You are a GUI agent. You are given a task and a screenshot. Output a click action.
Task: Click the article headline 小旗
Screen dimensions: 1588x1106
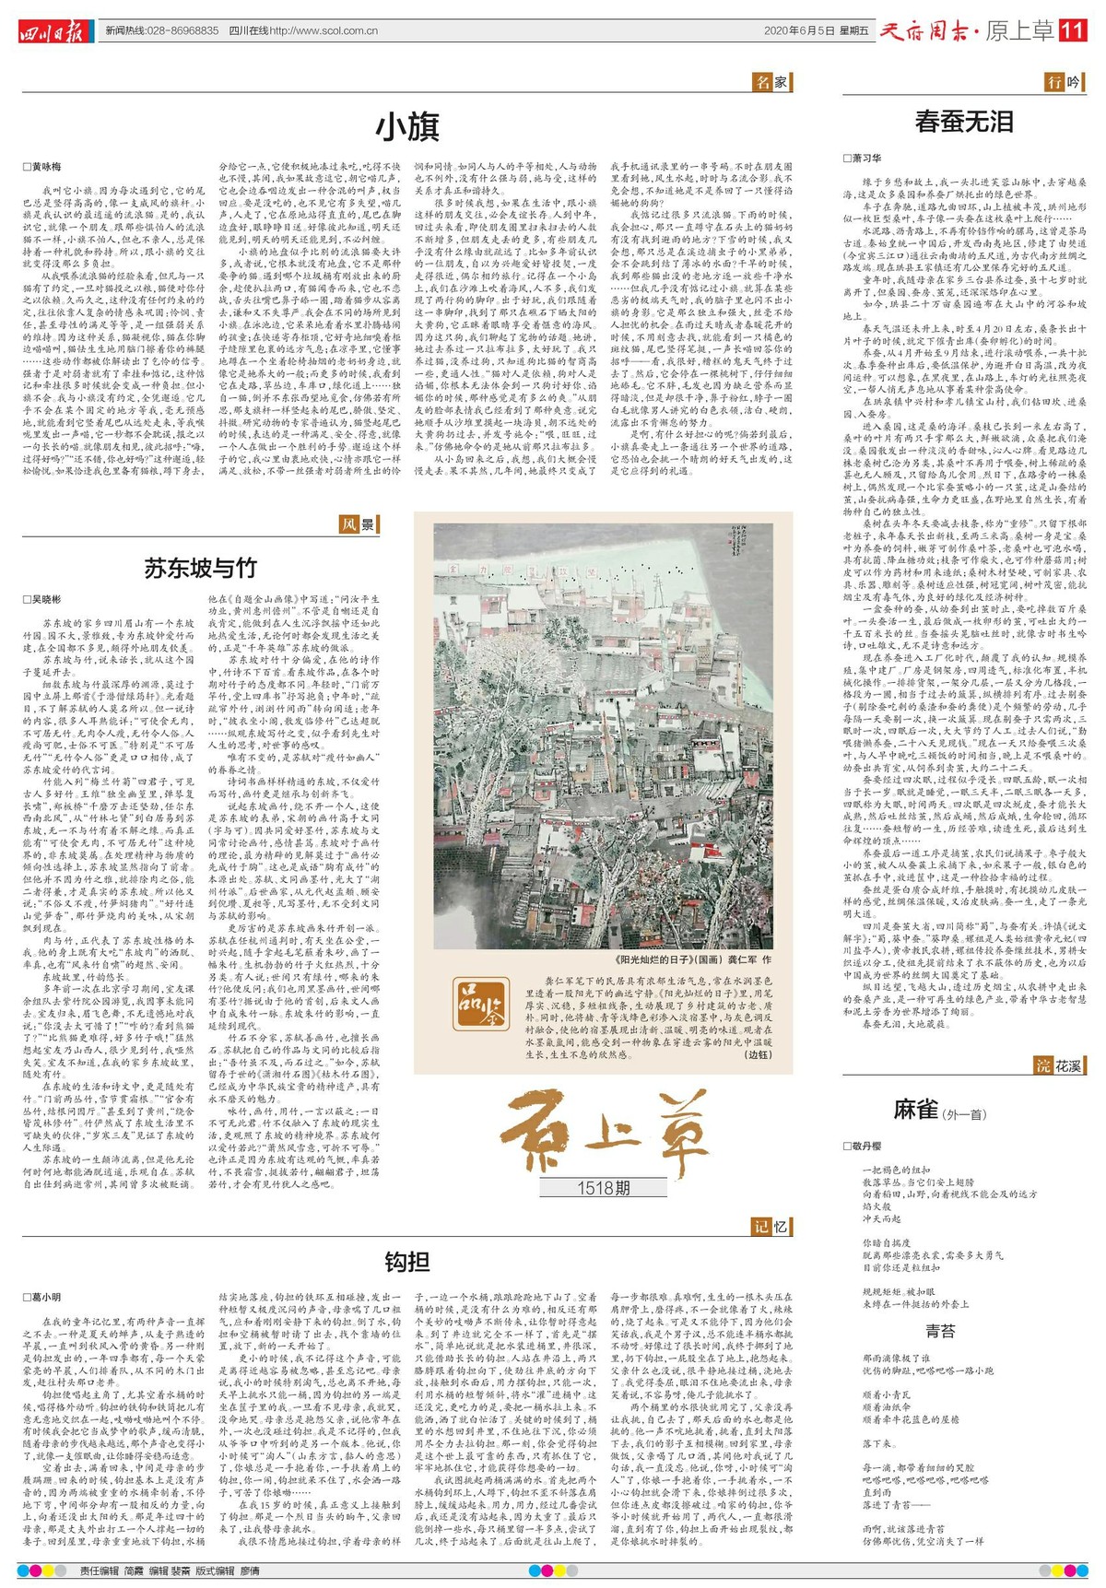pyautogui.click(x=407, y=127)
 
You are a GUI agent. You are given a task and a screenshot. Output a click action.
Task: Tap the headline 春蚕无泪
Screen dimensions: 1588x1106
pyautogui.click(x=964, y=121)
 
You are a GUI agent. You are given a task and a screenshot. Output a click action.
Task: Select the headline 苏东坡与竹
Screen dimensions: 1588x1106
pyautogui.click(x=200, y=567)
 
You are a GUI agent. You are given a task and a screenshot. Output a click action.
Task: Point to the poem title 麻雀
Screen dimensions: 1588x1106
pyautogui.click(x=915, y=1109)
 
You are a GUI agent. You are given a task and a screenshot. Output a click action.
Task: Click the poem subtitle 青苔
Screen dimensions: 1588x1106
pyautogui.click(x=941, y=1330)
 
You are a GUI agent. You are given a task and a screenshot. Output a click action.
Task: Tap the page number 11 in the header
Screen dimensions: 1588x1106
pyautogui.click(x=1073, y=30)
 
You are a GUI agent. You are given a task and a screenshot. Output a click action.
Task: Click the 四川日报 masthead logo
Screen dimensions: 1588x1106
pyautogui.click(x=55, y=31)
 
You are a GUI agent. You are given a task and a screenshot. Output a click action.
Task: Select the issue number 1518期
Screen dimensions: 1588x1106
pyautogui.click(x=604, y=1188)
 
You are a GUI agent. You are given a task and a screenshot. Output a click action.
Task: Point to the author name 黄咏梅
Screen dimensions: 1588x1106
pyautogui.click(x=42, y=167)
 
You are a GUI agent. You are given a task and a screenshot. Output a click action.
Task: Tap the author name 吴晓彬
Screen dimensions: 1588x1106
pyautogui.click(x=42, y=599)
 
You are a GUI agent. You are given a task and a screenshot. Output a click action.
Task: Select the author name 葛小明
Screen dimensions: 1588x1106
pyautogui.click(x=42, y=1297)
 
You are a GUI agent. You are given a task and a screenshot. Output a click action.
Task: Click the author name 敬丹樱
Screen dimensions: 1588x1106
pyautogui.click(x=863, y=1146)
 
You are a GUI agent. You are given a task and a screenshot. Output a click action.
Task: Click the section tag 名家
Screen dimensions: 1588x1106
pyautogui.click(x=771, y=82)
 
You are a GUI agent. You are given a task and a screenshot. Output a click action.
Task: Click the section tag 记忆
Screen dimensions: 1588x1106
pyautogui.click(x=771, y=1226)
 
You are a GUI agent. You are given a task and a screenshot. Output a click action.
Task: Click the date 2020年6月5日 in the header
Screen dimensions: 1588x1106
pyautogui.click(x=800, y=31)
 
